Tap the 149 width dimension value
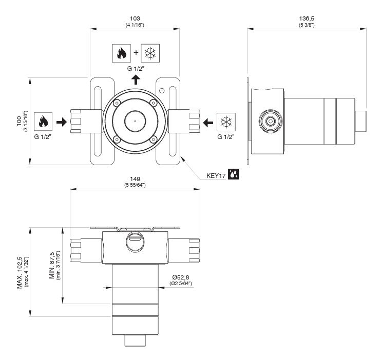point(135,179)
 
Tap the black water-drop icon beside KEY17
point(234,175)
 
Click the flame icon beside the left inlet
point(43,122)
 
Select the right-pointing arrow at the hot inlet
point(61,122)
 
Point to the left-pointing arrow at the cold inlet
point(207,122)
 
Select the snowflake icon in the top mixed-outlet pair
point(149,53)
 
